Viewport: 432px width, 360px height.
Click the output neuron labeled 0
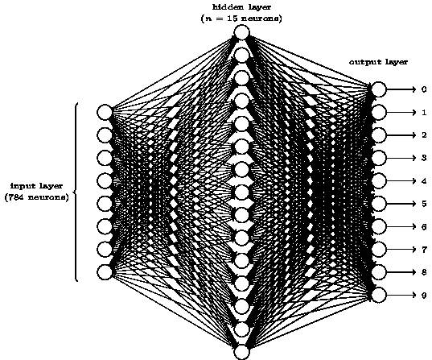pyautogui.click(x=379, y=89)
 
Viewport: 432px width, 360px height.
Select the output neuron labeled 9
pyautogui.click(x=379, y=295)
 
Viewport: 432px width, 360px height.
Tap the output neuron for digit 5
pyautogui.click(x=379, y=204)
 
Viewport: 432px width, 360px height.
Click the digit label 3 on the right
pyautogui.click(x=423, y=159)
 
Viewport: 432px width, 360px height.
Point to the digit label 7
pyautogui.click(x=423, y=250)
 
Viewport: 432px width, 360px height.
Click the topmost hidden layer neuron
pyautogui.click(x=241, y=32)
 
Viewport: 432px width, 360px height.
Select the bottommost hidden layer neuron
pyautogui.click(x=241, y=351)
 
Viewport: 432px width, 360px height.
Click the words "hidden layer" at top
pyautogui.click(x=241, y=6)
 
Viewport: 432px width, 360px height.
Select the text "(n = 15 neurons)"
pyautogui.click(x=241, y=18)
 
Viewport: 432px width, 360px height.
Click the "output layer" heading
pyautogui.click(x=379, y=61)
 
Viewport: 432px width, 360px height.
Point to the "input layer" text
pyautogui.click(x=35, y=185)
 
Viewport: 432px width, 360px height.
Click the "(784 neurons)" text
pyautogui.click(x=35, y=197)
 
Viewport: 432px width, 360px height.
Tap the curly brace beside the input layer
pyautogui.click(x=76, y=192)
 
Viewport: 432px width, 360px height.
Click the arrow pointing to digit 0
pyautogui.click(x=402, y=89)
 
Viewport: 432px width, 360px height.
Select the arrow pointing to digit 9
pyautogui.click(x=402, y=295)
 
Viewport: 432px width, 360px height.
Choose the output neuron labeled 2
pyautogui.click(x=379, y=135)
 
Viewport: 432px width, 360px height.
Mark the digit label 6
pyautogui.click(x=423, y=227)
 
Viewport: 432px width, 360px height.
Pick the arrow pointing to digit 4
pyautogui.click(x=402, y=181)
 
